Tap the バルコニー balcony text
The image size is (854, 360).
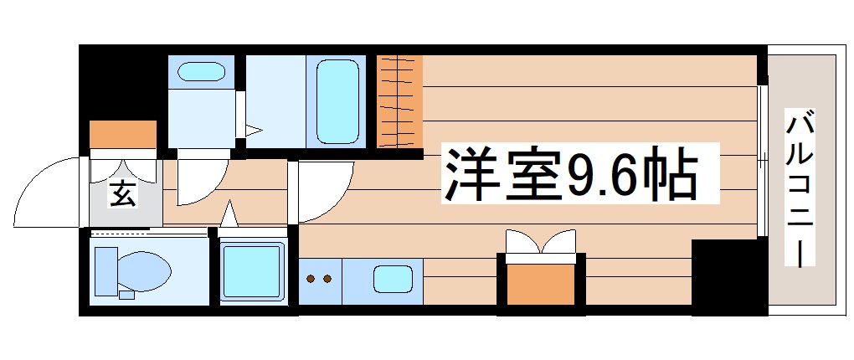point(800,188)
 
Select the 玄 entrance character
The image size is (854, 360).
point(121,196)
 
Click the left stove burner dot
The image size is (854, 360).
point(311,279)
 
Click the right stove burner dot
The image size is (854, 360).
point(327,279)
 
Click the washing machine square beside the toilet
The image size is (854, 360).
point(250,270)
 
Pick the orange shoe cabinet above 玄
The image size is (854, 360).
point(123,134)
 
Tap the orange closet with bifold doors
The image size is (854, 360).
point(539,283)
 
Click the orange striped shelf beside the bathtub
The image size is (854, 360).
point(399,100)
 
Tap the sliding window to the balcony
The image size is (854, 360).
point(762,159)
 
